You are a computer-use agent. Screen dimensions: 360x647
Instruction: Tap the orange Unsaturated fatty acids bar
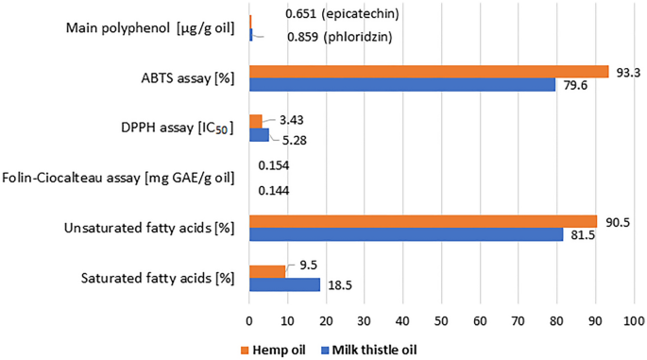point(422,221)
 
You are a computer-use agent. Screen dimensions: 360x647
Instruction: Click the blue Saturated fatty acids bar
point(284,284)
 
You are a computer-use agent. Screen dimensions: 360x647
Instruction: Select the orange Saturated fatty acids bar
point(266,271)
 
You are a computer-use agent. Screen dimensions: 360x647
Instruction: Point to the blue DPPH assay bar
point(259,135)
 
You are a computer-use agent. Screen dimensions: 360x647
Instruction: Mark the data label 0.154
point(273,166)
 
